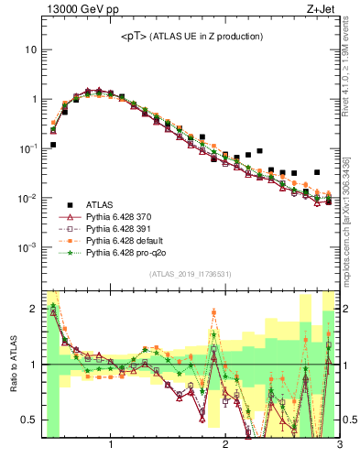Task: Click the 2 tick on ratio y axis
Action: pos(33,308)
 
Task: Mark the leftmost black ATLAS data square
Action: pos(53,145)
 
